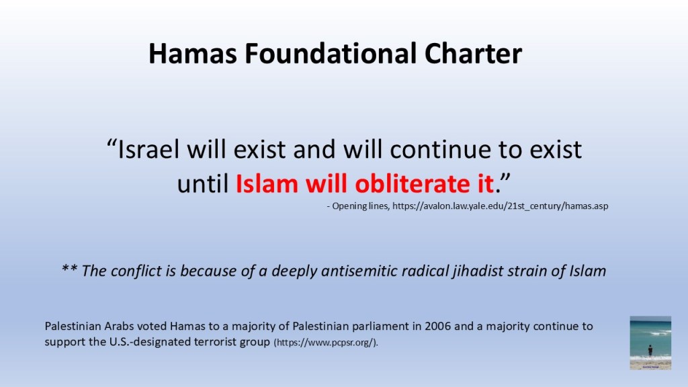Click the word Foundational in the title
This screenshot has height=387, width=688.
[330, 54]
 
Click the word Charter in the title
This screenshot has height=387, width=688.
[473, 54]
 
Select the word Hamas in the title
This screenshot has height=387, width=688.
[193, 54]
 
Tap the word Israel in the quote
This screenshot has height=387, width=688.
[148, 149]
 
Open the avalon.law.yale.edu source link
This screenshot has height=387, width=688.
[500, 206]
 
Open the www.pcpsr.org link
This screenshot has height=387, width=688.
[325, 343]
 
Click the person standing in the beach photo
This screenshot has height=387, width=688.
[650, 350]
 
